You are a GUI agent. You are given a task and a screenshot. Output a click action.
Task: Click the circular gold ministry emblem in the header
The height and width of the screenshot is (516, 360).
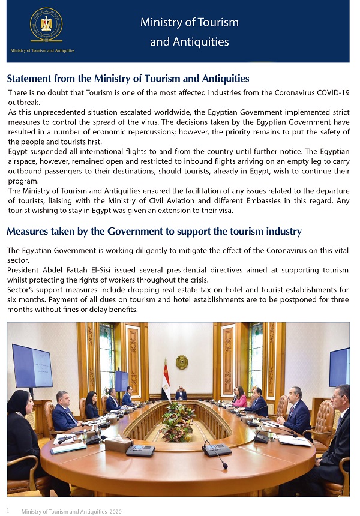46,25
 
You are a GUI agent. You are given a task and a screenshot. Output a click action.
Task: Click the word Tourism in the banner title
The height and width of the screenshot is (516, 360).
218,23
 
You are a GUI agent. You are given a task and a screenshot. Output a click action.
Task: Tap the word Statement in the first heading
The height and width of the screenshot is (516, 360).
29,79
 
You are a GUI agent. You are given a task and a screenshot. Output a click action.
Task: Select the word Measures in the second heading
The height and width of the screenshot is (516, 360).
27,232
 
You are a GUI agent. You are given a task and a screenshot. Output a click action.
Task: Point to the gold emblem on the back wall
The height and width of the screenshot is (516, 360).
182,362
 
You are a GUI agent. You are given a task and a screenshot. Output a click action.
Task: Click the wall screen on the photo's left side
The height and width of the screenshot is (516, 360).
32,366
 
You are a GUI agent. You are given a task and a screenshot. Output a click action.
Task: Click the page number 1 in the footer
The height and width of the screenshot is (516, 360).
8,510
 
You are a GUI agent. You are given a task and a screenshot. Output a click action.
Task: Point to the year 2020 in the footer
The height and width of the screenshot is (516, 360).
115,511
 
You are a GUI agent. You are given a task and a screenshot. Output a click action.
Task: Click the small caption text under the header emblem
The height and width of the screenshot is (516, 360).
43,50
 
